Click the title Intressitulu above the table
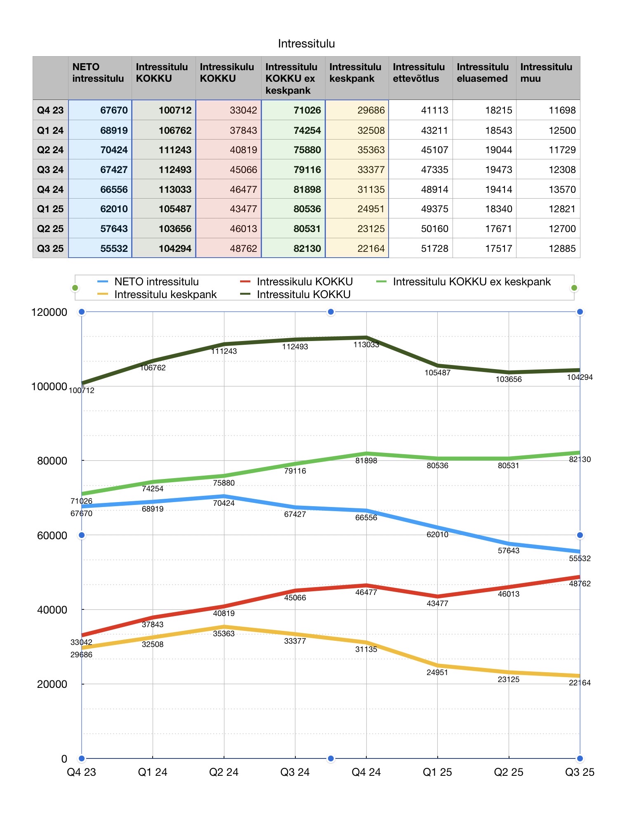click(306, 44)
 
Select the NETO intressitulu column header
click(98, 73)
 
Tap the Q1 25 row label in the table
click(50, 209)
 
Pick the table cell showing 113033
click(175, 190)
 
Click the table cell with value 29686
click(371, 110)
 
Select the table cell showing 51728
click(434, 249)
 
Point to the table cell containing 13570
click(562, 190)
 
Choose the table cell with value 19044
click(498, 150)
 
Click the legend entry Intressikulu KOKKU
click(304, 282)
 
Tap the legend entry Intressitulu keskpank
click(165, 294)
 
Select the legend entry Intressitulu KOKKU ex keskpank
click(472, 282)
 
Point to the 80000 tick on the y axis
click(52, 461)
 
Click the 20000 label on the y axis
click(52, 684)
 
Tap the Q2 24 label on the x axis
click(224, 772)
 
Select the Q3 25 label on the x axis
click(580, 772)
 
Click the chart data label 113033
click(366, 345)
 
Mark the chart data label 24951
click(437, 673)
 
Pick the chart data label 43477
click(437, 604)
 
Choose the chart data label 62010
click(437, 535)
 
